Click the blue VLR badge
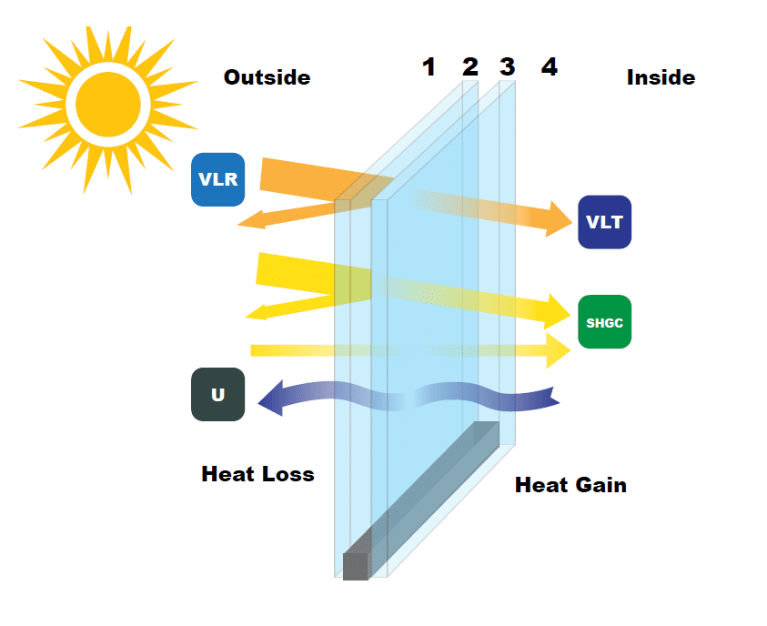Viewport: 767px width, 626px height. pos(218,178)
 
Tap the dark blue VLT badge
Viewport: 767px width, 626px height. pos(604,222)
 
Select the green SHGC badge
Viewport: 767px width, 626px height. pos(604,322)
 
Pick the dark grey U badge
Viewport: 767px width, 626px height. pos(217,394)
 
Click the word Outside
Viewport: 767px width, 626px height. pos(267,77)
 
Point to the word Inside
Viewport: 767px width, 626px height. pos(661,77)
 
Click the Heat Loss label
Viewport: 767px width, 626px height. pos(257,474)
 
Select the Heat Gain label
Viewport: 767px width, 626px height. pos(570,484)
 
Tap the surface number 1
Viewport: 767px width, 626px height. pos(429,66)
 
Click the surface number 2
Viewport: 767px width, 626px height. pos(469,66)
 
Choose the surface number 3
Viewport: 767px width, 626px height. pos(507,66)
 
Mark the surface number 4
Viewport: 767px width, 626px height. pos(549,66)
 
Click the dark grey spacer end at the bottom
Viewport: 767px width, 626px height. pos(355,566)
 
